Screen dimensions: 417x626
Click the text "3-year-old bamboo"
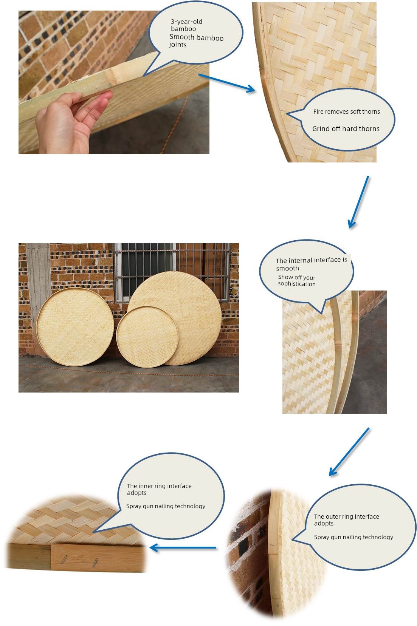(186, 25)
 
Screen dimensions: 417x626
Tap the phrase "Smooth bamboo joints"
(196, 41)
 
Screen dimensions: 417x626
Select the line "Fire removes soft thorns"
(347, 111)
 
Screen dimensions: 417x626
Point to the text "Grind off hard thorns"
(346, 128)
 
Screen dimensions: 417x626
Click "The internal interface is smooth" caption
(311, 264)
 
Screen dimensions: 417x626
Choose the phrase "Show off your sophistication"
(297, 280)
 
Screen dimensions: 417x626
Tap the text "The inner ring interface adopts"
(159, 489)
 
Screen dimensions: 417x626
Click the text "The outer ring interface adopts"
(347, 519)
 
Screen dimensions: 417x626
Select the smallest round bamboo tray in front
(147, 337)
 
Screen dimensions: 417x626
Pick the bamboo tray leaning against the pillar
(75, 327)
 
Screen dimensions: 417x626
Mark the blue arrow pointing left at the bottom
(183, 548)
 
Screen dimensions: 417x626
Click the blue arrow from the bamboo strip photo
(226, 83)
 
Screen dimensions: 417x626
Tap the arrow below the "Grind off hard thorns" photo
(358, 202)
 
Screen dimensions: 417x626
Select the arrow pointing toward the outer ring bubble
(349, 452)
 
